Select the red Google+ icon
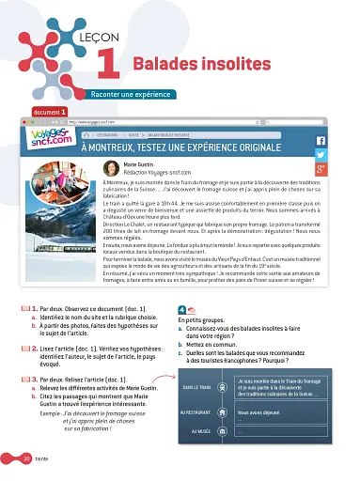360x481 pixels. [320, 169]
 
